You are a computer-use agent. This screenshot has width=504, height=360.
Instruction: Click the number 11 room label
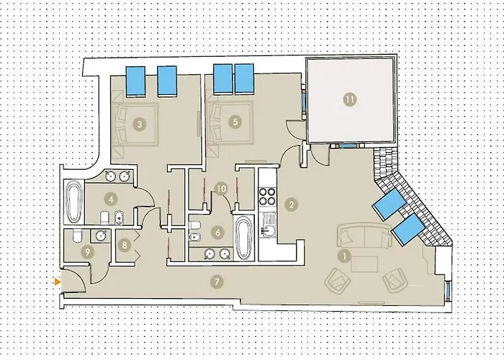pos(350,101)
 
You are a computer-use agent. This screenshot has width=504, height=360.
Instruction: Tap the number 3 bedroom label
pos(140,123)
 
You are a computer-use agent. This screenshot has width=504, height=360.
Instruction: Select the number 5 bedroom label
pos(235,122)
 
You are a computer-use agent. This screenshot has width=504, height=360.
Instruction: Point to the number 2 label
pos(290,204)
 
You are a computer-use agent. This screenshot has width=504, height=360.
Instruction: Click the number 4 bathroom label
pos(112,198)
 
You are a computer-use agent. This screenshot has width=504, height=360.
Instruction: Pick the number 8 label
pos(125,245)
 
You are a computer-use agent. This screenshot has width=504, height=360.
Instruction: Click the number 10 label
pos(222,189)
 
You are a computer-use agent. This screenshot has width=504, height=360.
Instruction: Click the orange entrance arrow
pos(57,282)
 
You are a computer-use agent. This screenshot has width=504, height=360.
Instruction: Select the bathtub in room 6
pos(243,238)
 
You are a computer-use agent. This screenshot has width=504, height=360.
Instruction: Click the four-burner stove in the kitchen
pos(268,197)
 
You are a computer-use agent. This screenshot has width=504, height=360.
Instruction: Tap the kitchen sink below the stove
pos(268,230)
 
